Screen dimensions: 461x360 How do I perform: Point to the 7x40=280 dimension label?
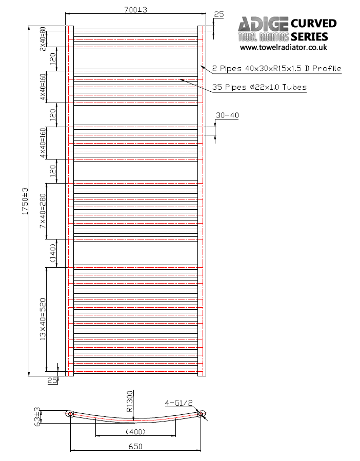43,211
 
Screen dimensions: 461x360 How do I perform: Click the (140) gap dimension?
52,253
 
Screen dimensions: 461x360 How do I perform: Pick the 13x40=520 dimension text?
43,319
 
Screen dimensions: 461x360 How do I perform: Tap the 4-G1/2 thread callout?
176,403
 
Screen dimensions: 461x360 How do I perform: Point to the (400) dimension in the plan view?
135,431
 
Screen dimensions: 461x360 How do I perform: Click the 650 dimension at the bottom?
135,446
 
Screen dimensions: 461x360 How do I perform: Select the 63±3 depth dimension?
37,416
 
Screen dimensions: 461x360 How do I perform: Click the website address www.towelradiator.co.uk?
284,47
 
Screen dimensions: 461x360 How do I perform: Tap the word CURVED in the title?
313,24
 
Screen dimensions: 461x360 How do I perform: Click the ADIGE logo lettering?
263,24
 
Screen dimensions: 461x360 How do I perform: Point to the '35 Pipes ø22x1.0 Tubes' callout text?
259,87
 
